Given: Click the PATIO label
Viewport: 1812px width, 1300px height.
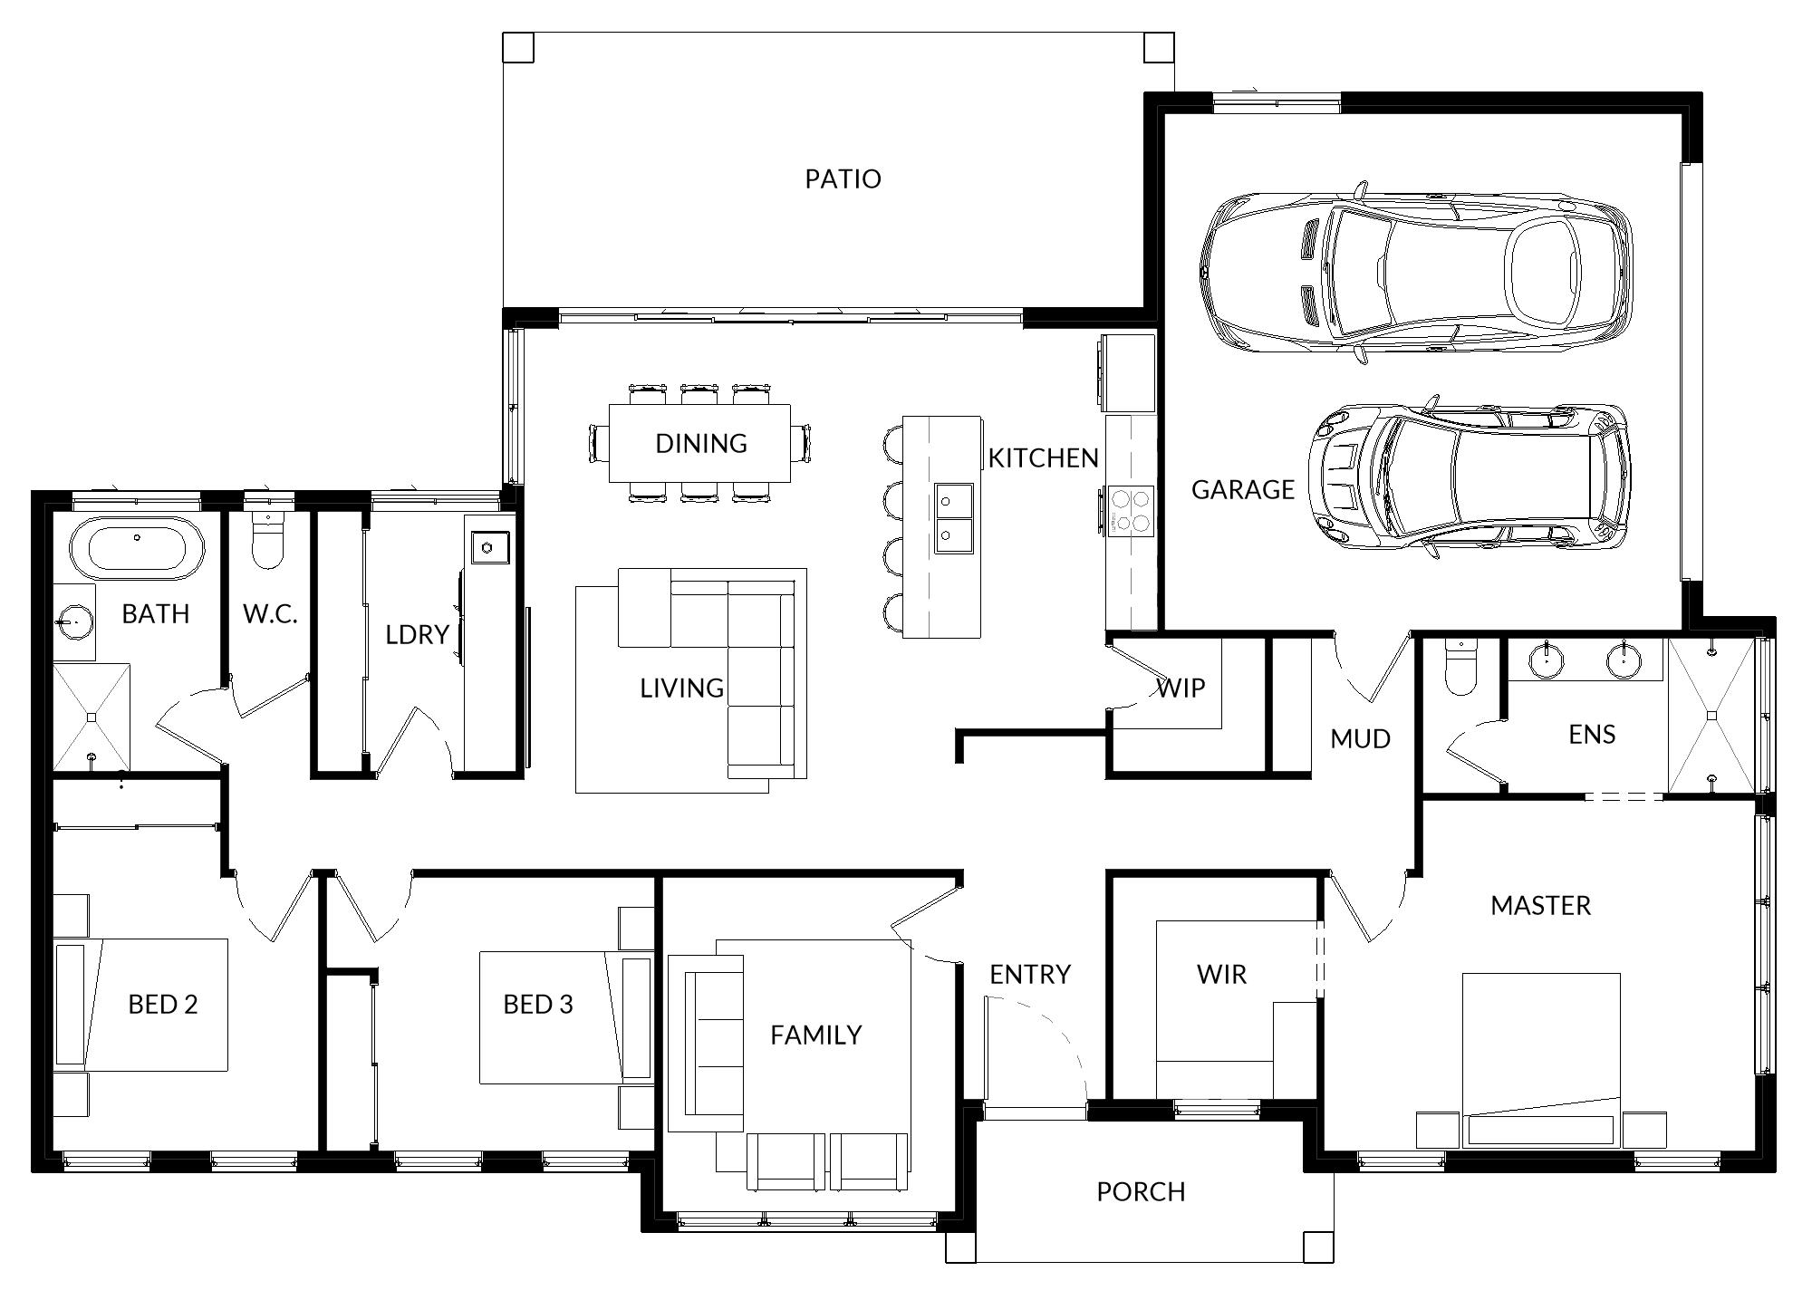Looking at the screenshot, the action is (843, 178).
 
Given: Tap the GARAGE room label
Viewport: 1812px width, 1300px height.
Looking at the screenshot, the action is (1242, 489).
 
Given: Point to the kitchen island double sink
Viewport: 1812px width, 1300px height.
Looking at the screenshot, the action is (954, 517).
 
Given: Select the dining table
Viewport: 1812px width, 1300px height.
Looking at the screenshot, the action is (699, 443).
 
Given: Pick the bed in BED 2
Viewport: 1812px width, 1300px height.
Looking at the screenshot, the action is (140, 1006).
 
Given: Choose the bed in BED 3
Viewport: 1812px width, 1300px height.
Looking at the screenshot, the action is (564, 1017).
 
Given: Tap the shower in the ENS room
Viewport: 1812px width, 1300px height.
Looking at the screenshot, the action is (1711, 716).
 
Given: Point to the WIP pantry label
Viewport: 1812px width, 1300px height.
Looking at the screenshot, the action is (1181, 689).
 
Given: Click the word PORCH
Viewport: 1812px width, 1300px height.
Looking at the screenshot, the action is (1141, 1191).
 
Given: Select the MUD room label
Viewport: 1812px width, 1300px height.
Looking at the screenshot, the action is (1360, 739).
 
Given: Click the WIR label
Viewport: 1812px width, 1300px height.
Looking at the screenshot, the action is (1221, 975).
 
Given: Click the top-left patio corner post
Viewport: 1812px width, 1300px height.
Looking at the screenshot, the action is (518, 47).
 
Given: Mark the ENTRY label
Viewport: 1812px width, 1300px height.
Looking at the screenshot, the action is (1030, 975).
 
